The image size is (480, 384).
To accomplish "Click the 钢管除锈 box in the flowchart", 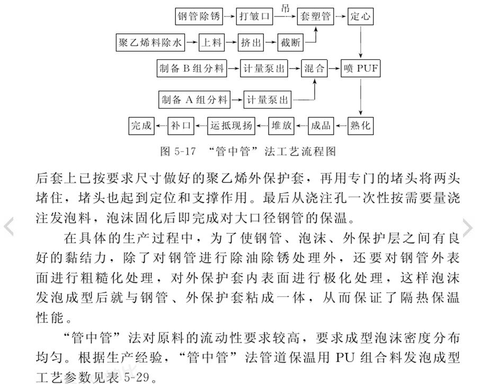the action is click(199, 16).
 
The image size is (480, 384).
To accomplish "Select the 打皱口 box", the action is click(254, 16).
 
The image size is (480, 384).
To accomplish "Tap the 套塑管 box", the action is click(315, 16).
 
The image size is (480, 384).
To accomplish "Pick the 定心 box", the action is click(360, 16).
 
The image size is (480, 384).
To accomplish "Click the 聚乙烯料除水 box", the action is click(150, 42).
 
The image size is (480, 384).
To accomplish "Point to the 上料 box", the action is click(211, 42).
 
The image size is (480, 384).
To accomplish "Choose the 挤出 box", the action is click(251, 42).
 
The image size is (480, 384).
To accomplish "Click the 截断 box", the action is click(290, 42).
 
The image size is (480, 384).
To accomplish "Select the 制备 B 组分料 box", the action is click(192, 68).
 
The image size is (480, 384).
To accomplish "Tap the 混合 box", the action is click(314, 68).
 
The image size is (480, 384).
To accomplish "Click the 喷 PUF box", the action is click(361, 68).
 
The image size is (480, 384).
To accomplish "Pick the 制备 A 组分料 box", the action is click(194, 100).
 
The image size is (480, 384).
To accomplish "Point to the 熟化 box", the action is click(360, 126).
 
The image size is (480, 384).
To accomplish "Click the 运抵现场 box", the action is click(231, 126).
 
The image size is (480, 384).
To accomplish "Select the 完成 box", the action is click(141, 126).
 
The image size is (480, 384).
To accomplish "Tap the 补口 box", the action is click(181, 126).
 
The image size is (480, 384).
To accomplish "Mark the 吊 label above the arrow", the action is click(285, 8).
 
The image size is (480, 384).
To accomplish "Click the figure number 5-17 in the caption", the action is click(184, 151).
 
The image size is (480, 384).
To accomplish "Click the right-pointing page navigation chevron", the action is click(468, 228).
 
